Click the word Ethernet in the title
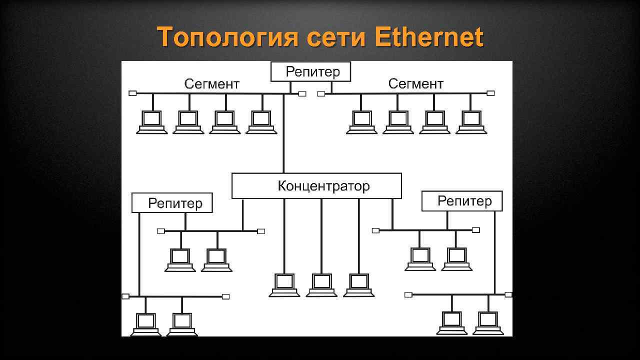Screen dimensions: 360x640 click(x=428, y=37)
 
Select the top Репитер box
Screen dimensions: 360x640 click(x=310, y=71)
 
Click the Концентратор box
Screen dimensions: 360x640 click(x=316, y=186)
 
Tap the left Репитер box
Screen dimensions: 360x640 click(x=172, y=203)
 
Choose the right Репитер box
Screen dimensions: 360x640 click(x=462, y=201)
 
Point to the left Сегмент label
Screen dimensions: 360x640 click(x=212, y=83)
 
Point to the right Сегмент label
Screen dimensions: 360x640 click(x=415, y=83)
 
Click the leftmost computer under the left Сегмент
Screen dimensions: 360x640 click(x=152, y=121)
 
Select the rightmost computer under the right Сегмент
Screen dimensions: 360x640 click(x=471, y=121)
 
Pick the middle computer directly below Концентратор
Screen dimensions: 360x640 click(x=321, y=284)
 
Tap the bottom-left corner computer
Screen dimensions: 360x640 click(x=146, y=324)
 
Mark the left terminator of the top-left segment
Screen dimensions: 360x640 click(x=132, y=93)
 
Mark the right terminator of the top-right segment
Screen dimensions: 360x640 click(x=491, y=93)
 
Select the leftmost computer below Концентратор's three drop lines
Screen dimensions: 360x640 click(x=284, y=284)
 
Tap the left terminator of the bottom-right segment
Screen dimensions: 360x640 click(x=408, y=294)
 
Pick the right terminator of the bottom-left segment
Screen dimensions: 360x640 click(x=225, y=296)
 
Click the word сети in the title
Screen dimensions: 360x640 click(x=335, y=38)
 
